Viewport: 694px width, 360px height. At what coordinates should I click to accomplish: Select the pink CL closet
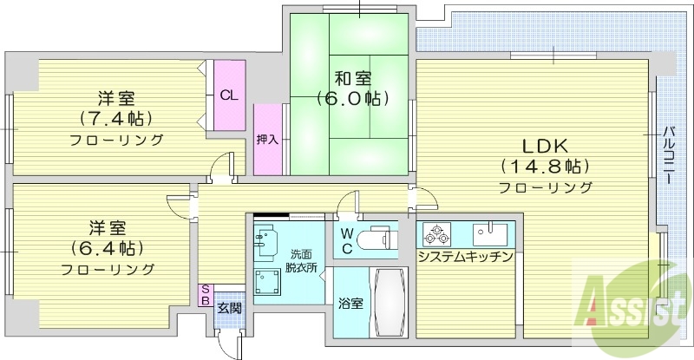coord(229,95)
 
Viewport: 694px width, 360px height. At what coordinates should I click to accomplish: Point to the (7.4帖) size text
coord(115,117)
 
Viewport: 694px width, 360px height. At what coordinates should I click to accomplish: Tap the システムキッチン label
coord(465,258)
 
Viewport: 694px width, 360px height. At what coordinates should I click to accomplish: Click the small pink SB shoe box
coord(206,296)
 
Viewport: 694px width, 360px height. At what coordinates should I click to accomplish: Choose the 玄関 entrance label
coord(229,307)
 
